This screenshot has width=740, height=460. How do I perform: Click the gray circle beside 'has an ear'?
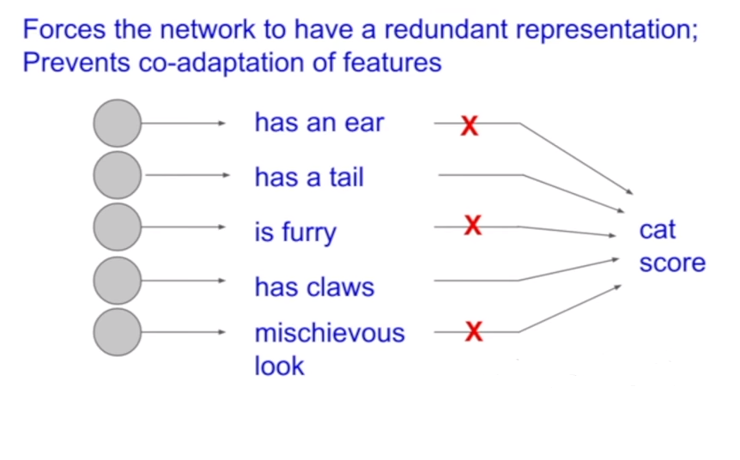(x=117, y=123)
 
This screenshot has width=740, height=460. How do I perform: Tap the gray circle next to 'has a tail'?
(x=117, y=175)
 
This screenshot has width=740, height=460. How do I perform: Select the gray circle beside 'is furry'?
(x=117, y=227)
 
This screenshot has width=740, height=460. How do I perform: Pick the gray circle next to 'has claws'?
(x=117, y=280)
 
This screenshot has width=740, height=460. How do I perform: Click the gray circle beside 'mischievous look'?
(x=117, y=332)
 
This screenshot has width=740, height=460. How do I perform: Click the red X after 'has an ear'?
(x=469, y=125)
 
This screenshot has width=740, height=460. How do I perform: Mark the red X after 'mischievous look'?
(x=473, y=331)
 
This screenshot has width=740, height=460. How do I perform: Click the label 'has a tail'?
(x=309, y=178)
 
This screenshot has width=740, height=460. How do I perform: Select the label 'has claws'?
(x=314, y=286)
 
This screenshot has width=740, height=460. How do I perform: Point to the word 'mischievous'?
(x=329, y=332)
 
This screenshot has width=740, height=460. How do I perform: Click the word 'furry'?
(x=306, y=233)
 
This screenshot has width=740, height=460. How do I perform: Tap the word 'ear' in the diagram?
(x=364, y=124)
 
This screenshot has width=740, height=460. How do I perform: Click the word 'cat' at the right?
(x=658, y=230)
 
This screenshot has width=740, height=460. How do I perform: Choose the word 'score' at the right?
(x=672, y=263)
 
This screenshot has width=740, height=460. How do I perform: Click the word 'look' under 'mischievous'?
(x=279, y=366)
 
